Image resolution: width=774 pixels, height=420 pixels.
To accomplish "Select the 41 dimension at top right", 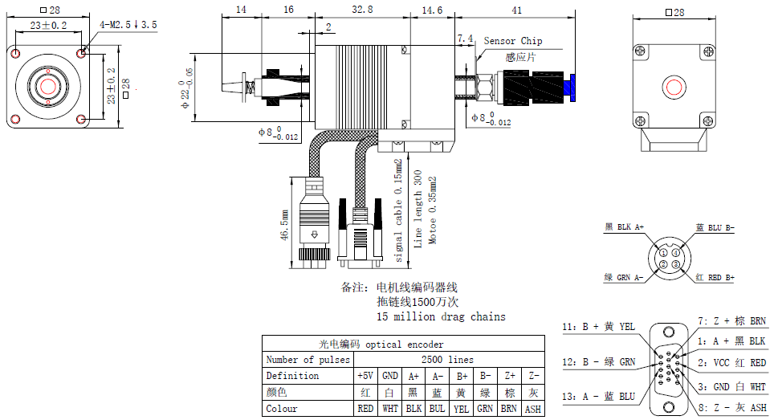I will click(517, 9).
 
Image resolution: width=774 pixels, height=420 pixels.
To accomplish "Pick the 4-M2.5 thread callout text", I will click(128, 25).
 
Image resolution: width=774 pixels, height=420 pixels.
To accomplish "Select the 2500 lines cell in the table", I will click(448, 360).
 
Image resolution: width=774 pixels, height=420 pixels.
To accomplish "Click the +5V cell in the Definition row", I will click(365, 376).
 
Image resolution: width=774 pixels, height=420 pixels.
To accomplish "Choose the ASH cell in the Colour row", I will click(532, 409).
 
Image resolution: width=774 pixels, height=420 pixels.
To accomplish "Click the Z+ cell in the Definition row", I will click(510, 376).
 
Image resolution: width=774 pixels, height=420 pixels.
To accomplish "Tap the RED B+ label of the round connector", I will click(715, 278).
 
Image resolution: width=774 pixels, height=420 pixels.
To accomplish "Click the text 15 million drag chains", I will click(441, 316).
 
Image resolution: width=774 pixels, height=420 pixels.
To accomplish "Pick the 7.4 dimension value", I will click(465, 39).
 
